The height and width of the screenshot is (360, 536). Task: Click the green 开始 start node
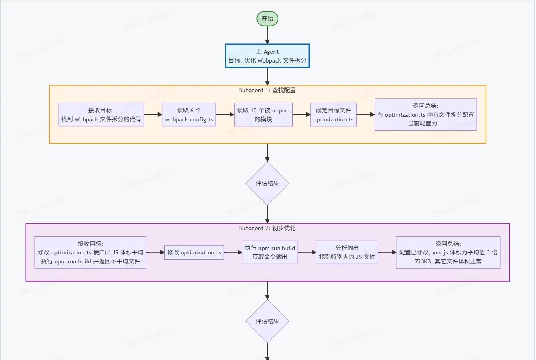tap(267, 19)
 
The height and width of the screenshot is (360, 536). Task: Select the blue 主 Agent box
tap(267, 56)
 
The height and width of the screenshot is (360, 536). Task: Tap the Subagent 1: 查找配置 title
tap(267, 90)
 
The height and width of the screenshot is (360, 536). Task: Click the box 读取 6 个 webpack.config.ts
tap(189, 114)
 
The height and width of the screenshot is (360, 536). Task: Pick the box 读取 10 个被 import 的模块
tap(263, 114)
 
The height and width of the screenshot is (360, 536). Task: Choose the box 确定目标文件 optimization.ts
tap(333, 114)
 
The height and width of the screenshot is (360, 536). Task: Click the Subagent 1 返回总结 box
tap(425, 114)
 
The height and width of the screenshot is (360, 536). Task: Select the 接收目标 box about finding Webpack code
tap(101, 114)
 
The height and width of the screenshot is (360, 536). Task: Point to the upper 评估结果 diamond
tap(267, 183)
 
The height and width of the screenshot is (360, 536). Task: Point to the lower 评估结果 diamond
tap(267, 321)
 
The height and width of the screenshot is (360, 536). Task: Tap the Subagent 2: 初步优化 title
tap(267, 228)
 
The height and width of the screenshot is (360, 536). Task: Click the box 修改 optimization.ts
tap(194, 252)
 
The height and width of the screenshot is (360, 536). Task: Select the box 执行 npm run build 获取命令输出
tap(270, 252)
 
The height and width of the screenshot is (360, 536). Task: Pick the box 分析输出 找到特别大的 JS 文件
tap(347, 252)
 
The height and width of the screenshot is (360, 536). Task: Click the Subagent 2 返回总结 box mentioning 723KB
tap(448, 252)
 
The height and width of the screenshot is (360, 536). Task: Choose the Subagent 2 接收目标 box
tap(90, 252)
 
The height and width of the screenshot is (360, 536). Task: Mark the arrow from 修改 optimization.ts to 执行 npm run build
tap(233, 252)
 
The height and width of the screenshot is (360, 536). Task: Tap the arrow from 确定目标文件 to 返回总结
tap(365, 114)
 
